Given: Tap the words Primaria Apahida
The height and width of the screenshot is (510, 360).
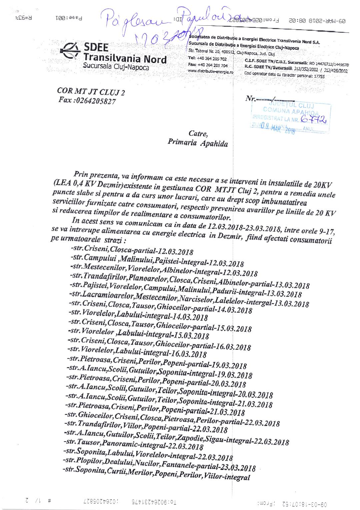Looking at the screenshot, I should (x=198, y=144).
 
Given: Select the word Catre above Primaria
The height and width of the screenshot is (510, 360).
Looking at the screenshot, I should (x=198, y=134).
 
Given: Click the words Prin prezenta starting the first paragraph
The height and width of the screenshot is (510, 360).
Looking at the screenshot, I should (x=95, y=174).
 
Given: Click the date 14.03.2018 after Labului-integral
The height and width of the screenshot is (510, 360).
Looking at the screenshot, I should (x=190, y=317).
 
